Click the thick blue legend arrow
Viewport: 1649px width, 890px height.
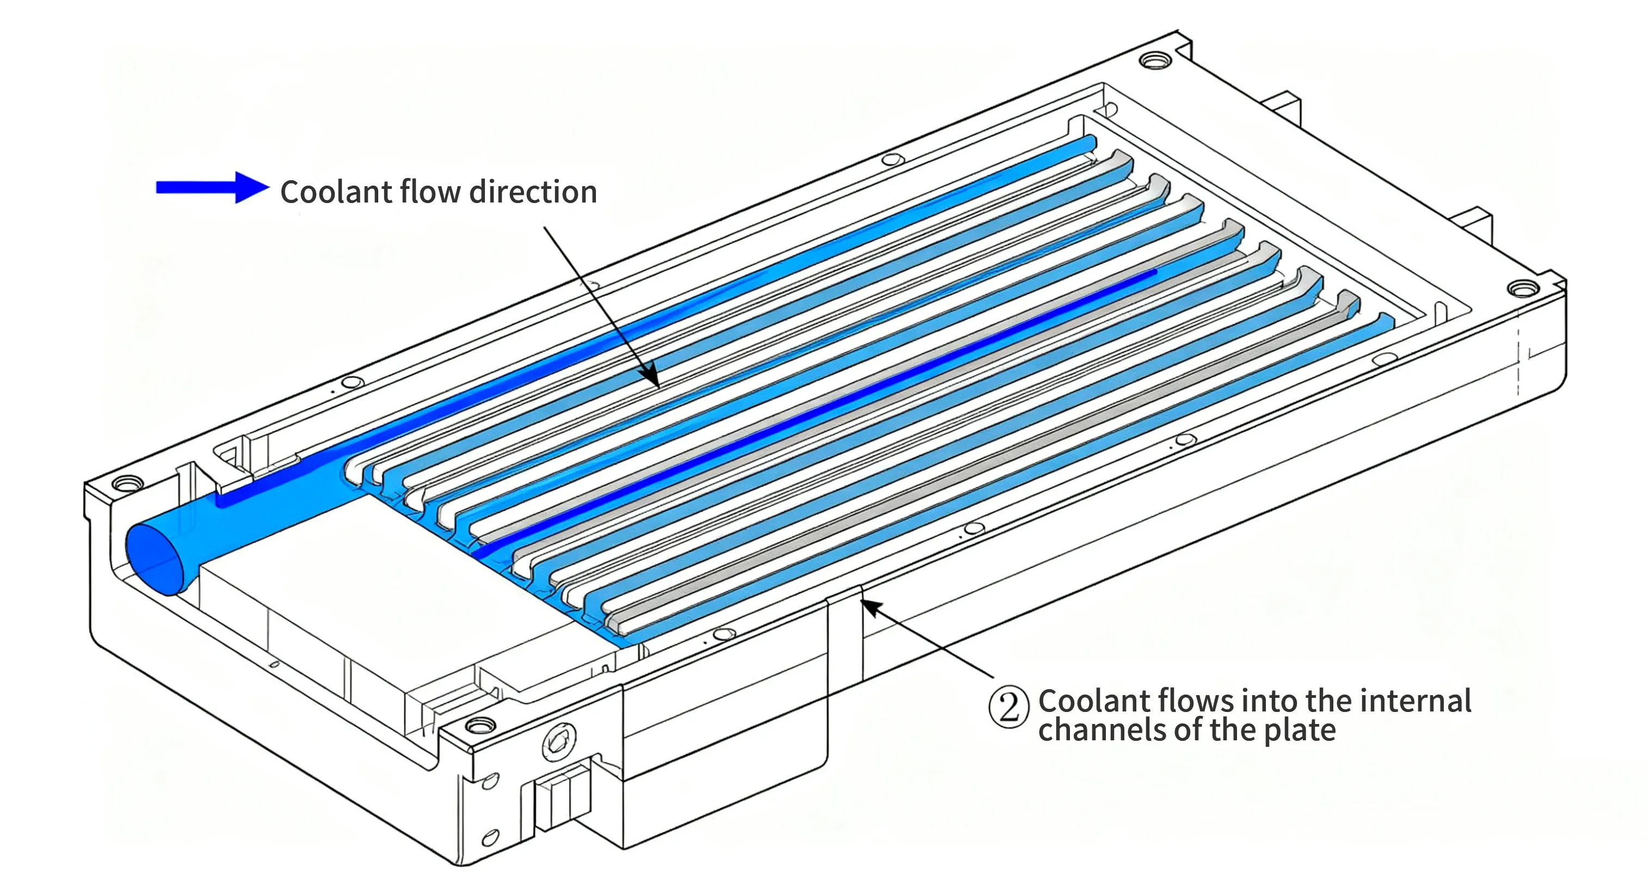click(213, 188)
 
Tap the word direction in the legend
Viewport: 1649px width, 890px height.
click(533, 192)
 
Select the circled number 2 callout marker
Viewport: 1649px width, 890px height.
click(1009, 707)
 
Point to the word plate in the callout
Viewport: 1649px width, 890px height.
click(1300, 731)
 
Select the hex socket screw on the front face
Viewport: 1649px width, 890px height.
click(559, 742)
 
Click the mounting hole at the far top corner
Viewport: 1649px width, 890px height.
click(1155, 61)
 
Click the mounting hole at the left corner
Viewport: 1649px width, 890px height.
click(128, 483)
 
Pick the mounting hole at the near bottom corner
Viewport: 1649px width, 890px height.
click(480, 726)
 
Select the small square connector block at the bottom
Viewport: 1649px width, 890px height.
click(561, 797)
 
